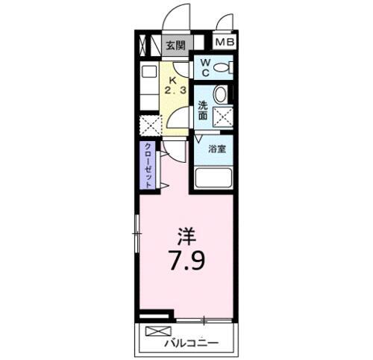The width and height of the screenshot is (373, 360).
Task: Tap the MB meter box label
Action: pos(225,43)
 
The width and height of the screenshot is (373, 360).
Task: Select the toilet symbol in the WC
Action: pos(222,68)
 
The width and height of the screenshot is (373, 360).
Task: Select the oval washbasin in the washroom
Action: pos(221,96)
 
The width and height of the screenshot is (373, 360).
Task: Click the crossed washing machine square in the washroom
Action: pos(222,117)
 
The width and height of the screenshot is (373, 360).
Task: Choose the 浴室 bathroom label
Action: pos(218,149)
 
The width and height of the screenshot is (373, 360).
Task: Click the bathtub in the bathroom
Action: pos(214,180)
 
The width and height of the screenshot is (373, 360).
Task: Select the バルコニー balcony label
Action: pos(191,343)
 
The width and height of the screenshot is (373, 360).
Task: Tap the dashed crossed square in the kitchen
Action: pos(150,125)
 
